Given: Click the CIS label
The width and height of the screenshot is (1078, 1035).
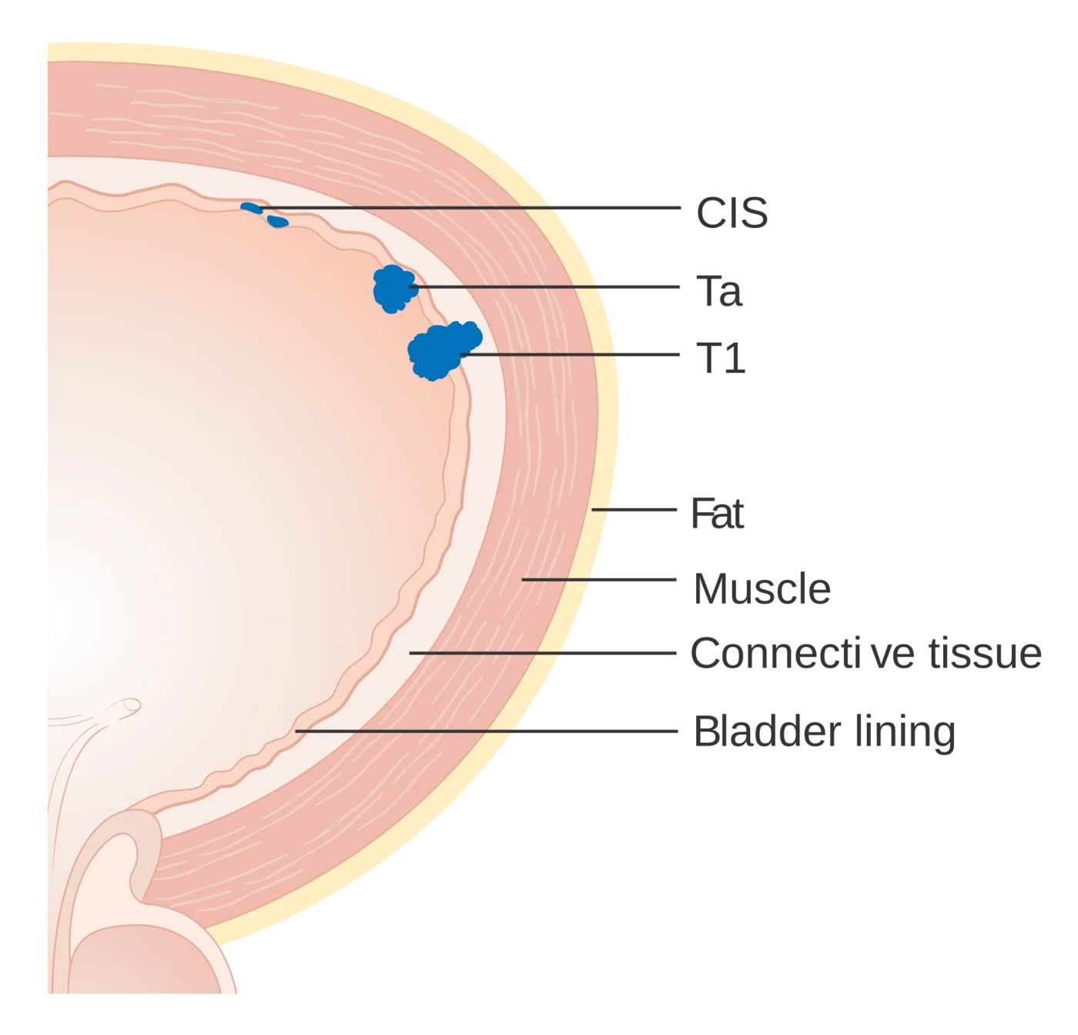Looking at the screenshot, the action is click(731, 213).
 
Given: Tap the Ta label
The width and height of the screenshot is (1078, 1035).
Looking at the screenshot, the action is click(718, 290).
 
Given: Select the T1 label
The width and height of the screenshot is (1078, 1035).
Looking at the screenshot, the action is click(720, 358).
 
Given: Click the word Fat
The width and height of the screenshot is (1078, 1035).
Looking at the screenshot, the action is click(716, 513).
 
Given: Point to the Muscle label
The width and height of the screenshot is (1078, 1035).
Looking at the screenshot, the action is click(762, 588).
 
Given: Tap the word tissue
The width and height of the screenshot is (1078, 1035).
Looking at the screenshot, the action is click(985, 653).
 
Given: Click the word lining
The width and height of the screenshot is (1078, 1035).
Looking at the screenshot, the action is click(905, 734).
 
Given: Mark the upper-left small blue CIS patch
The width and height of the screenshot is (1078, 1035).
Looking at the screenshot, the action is click(251, 208).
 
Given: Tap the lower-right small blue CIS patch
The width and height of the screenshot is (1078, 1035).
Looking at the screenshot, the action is click(277, 222).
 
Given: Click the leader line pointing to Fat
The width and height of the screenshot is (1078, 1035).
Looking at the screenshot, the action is click(634, 509).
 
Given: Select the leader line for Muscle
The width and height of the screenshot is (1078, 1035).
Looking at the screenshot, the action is click(599, 580).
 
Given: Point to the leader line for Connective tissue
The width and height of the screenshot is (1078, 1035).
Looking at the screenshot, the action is click(542, 653).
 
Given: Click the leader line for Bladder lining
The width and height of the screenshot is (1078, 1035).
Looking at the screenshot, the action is click(487, 732).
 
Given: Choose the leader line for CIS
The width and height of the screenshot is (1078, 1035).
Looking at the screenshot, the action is click(470, 208).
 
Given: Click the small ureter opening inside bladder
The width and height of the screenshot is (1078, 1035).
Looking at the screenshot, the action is click(132, 705).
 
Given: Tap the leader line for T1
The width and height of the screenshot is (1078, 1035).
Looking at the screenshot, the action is click(570, 354).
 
